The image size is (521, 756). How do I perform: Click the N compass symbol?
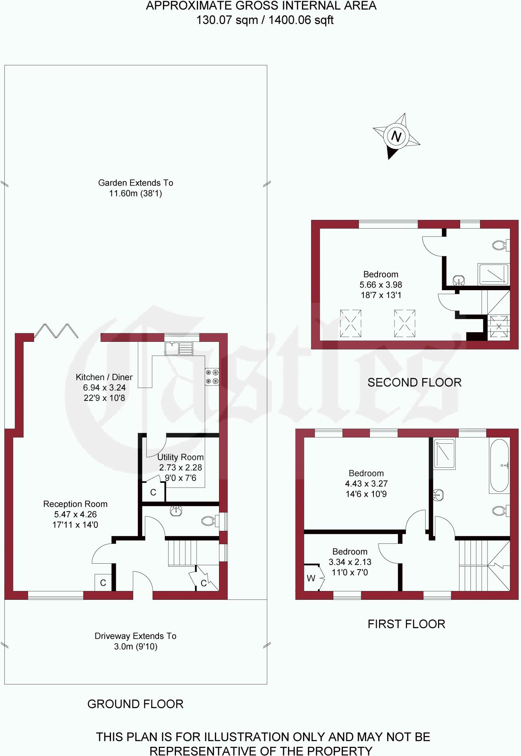coord(396,136)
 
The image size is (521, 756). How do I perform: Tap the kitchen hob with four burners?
coord(212,377)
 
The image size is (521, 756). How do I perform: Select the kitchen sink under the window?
coord(179,348)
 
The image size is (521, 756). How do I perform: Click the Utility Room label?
coord(180,457)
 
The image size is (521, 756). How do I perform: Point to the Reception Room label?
coord(75,504)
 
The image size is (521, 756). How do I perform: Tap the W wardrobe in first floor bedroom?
coord(312,578)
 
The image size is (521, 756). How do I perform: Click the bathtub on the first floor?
coord(500,465)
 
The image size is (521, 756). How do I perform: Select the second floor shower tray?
coord(494,274)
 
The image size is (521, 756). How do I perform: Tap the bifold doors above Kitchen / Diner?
coord(56,331)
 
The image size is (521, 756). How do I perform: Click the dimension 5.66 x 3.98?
coord(381,285)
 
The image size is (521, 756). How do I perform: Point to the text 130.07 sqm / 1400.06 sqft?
coord(264,20)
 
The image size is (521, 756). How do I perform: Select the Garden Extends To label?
coord(135,183)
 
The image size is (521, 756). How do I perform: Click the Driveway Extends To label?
coord(135,636)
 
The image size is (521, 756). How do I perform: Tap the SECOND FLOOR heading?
coord(414,382)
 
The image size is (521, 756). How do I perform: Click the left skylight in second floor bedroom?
coord(350,323)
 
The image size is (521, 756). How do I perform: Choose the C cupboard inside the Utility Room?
coord(153,492)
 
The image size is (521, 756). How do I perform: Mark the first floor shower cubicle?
coord(444,453)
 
